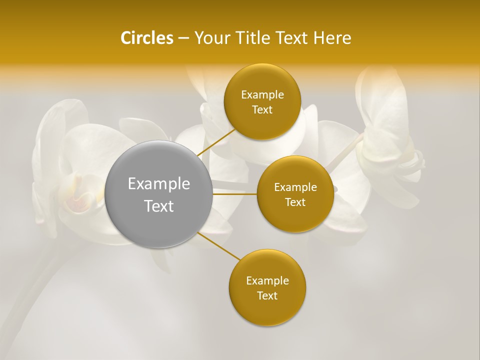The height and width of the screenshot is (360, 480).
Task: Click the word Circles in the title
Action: click(146, 38)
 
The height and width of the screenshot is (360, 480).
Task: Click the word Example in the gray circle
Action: click(159, 184)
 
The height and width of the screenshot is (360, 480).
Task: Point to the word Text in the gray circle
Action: click(159, 206)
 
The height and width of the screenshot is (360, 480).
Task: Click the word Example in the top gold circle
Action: click(262, 95)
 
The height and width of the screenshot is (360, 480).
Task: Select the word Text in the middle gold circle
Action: click(295, 202)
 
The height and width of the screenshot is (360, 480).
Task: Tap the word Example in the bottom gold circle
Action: click(267, 281)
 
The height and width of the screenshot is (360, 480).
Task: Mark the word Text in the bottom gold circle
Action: click(267, 296)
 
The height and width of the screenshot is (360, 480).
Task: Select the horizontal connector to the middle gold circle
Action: click(234, 193)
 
